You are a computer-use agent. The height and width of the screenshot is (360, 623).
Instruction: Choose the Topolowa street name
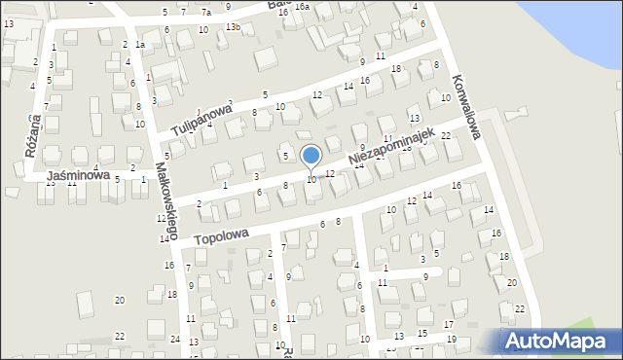point(221,236)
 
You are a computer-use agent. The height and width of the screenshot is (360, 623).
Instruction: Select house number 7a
point(206,13)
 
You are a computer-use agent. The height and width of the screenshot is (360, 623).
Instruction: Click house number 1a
point(140,45)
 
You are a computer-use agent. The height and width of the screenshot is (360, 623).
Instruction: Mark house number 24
point(175,339)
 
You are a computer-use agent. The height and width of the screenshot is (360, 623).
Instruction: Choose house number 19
point(451,339)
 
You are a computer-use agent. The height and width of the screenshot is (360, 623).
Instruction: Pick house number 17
point(448,324)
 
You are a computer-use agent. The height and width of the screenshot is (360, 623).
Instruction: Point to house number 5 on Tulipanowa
point(265,94)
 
